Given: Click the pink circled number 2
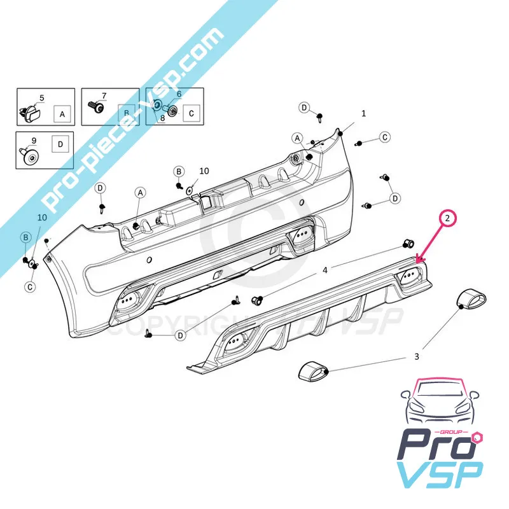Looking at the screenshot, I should click(449, 219).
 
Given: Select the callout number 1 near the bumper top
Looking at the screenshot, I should click(363, 114).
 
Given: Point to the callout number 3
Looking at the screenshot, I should click(417, 356).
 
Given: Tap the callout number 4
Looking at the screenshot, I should click(324, 270).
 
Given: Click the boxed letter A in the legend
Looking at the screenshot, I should click(62, 115).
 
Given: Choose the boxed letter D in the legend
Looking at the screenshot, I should click(60, 144).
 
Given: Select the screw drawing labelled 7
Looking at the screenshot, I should click(97, 109).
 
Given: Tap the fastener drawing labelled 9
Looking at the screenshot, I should click(29, 156).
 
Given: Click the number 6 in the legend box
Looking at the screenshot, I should click(179, 94).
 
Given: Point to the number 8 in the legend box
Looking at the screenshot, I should click(162, 118).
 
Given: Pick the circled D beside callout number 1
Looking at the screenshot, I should click(304, 107).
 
